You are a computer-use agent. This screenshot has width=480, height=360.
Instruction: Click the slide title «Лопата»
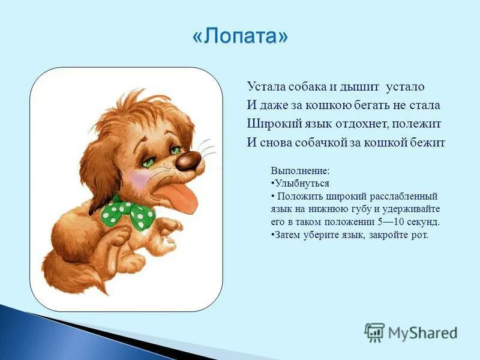point(240,37)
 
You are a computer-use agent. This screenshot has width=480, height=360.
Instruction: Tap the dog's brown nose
point(188,160)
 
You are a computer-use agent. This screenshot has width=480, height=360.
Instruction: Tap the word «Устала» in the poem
point(266,87)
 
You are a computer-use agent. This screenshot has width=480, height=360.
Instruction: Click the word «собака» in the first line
point(312,87)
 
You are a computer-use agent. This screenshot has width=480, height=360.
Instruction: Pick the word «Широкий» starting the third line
point(269,124)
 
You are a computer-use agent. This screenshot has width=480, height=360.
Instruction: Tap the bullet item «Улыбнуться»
point(302,184)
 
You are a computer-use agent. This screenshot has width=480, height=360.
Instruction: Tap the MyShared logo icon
point(374,332)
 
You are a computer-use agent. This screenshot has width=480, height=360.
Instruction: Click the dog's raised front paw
point(170,227)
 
